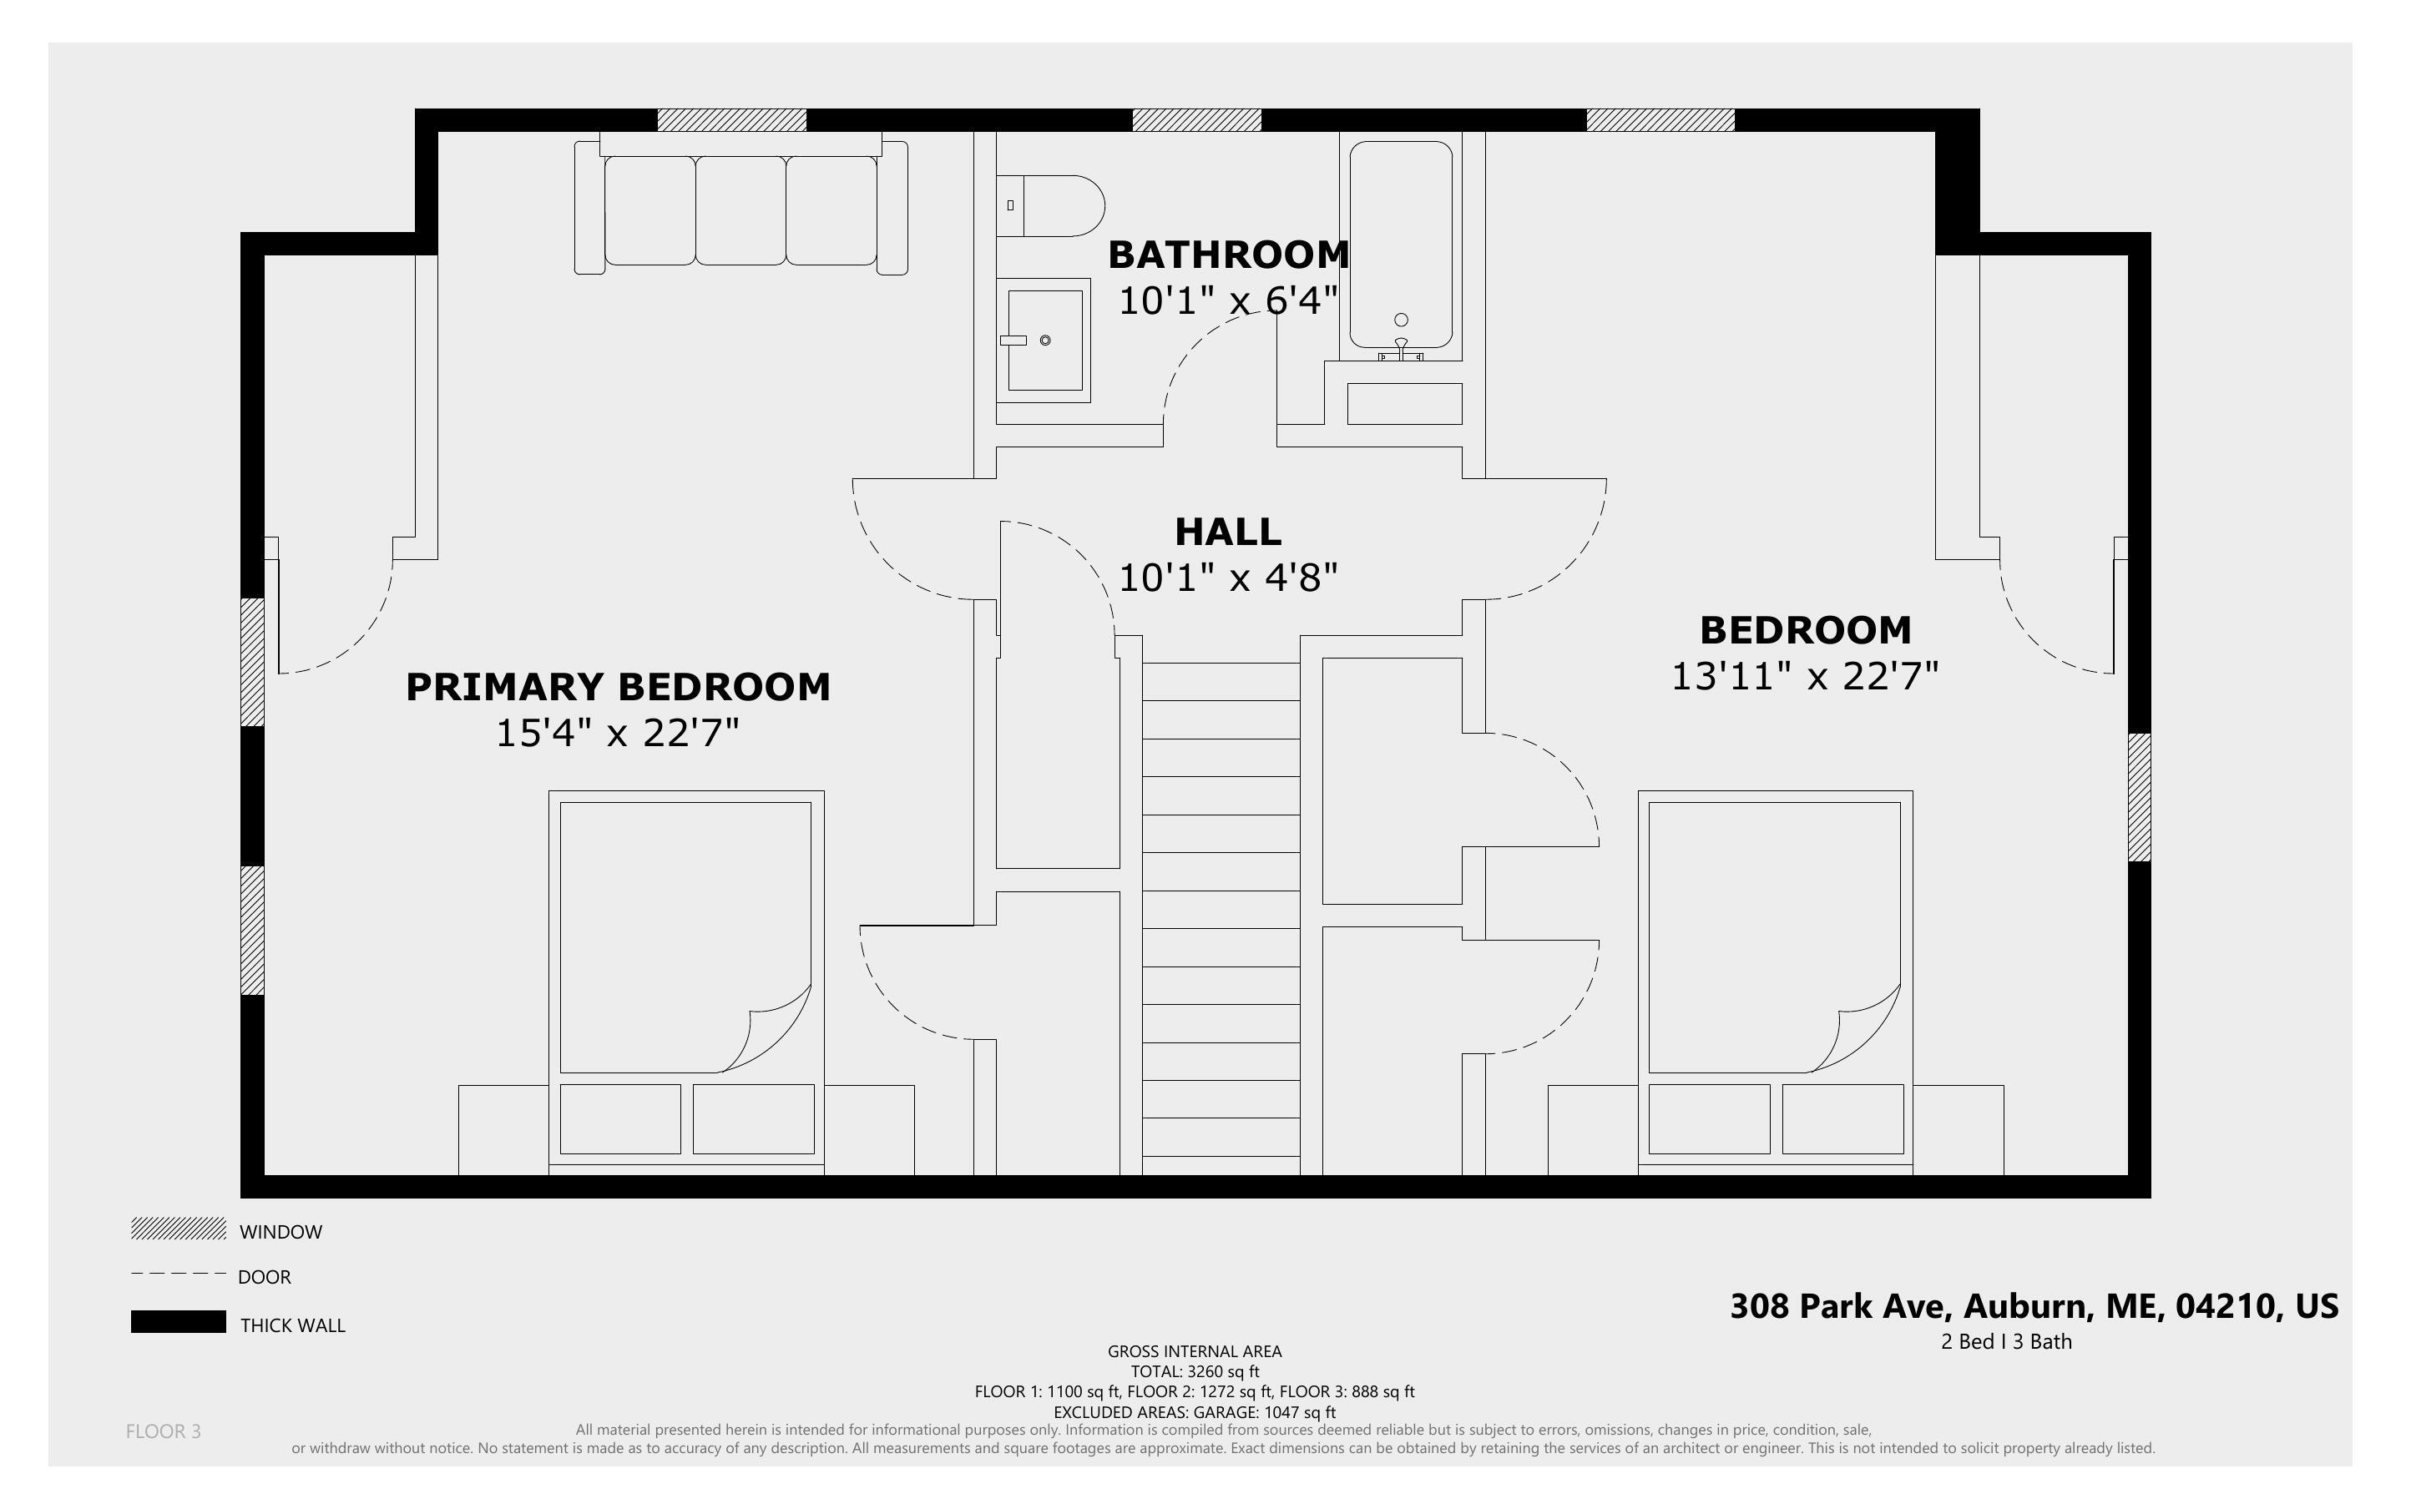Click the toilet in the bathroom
(1050, 205)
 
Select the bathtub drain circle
(1401, 320)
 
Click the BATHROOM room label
(1229, 255)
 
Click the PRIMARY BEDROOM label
(618, 687)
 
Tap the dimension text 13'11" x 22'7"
(1804, 676)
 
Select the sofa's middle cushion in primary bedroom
(740, 209)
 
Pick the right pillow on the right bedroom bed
(1842, 1118)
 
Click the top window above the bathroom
(1196, 119)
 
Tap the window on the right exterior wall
(2139, 797)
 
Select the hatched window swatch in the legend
(179, 1229)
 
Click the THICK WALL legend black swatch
(179, 1321)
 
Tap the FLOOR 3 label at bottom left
(164, 1431)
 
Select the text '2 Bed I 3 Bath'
(2006, 1341)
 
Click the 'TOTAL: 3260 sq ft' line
(1195, 1371)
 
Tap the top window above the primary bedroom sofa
(731, 119)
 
